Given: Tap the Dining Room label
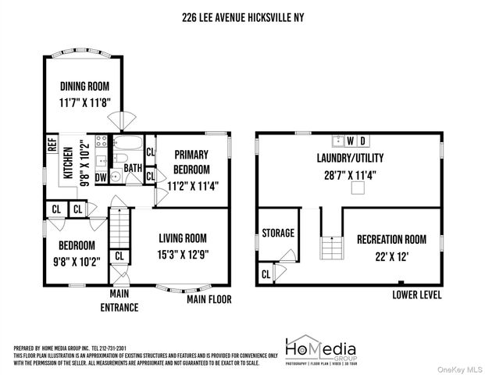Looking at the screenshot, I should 85,87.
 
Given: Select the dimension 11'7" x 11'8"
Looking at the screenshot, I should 85,102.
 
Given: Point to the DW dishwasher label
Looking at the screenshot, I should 100,177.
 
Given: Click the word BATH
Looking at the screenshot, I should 132,168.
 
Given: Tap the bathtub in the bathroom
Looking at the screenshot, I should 126,145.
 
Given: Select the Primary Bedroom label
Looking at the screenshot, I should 191,162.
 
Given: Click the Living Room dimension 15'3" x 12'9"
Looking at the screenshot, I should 184,253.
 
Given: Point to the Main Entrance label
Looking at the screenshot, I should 123,301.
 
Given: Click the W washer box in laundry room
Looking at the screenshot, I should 351,141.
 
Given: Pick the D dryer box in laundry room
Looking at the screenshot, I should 363,141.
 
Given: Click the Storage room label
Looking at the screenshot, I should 277,233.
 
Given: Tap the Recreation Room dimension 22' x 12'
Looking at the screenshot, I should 390,255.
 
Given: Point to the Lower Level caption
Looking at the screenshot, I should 417,295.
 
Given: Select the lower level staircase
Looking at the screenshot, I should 330,246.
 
